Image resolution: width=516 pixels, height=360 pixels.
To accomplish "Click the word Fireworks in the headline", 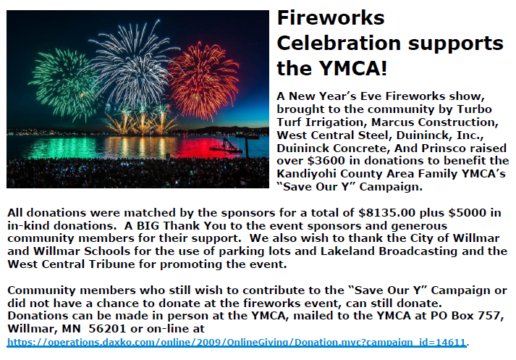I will (331, 17).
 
